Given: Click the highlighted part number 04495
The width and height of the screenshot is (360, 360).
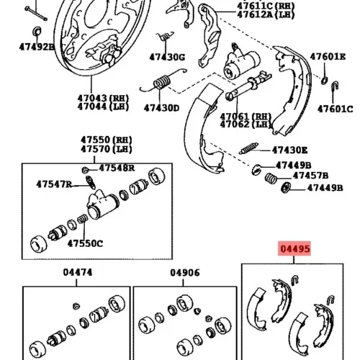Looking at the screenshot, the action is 295,249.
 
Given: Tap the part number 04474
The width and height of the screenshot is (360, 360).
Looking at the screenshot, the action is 78,272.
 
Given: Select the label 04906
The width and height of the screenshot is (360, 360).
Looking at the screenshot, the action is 185,273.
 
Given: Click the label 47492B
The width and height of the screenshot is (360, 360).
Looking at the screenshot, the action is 37,47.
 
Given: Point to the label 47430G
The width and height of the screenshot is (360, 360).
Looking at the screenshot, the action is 167,57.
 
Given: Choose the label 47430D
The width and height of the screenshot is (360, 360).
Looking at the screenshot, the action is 161,108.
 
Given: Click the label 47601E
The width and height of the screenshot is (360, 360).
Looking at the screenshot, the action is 328,57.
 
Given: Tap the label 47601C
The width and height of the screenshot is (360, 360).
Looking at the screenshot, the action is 336,109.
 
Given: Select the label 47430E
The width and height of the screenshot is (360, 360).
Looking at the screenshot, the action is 289,150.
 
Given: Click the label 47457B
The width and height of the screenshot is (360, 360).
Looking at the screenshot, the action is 310,176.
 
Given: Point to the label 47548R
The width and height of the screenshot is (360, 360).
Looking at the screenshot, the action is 117,168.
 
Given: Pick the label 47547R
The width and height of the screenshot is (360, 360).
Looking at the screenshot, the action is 54,184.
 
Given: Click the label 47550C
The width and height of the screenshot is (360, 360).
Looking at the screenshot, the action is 85,243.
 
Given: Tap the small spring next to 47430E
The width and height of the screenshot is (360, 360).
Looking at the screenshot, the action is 249,148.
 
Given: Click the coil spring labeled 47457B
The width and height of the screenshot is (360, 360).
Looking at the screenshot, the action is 271,179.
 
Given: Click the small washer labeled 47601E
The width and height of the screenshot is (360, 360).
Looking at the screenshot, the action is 324,81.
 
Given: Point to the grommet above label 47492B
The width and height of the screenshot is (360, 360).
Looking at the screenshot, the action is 37,31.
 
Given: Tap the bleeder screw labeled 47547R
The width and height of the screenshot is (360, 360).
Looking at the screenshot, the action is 91,182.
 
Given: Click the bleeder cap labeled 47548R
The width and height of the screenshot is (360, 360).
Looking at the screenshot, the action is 84,170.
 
